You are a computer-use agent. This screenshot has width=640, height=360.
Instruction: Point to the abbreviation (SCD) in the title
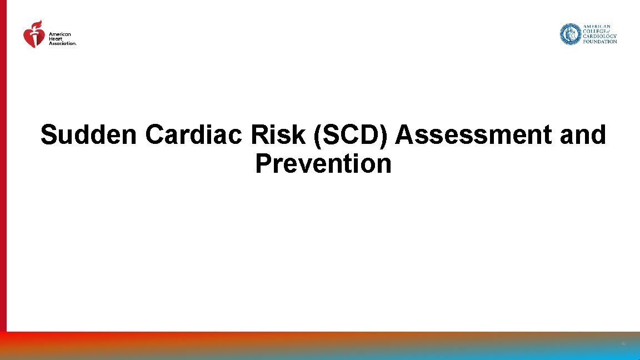[x=352, y=135]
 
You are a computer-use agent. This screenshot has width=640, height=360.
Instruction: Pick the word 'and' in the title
[x=583, y=135]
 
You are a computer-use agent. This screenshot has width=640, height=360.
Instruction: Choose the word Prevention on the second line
[x=323, y=164]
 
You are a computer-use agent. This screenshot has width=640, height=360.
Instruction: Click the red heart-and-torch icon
[x=34, y=36]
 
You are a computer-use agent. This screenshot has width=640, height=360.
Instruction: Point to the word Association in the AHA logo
[x=62, y=43]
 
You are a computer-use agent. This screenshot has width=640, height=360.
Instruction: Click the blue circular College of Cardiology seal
[x=570, y=34]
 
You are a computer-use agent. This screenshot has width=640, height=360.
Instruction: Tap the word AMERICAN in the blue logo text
[x=597, y=27]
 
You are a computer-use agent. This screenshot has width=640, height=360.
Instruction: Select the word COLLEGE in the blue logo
[x=594, y=32]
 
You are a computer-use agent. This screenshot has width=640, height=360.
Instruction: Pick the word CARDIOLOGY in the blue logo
[x=599, y=37]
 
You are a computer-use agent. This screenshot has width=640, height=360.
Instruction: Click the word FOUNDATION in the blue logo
[x=599, y=42]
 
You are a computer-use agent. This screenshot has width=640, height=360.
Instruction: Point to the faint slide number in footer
[x=623, y=344]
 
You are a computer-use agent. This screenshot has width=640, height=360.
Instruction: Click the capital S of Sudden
[x=49, y=135]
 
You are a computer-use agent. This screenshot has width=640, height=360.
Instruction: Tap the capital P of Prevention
[x=262, y=164]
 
